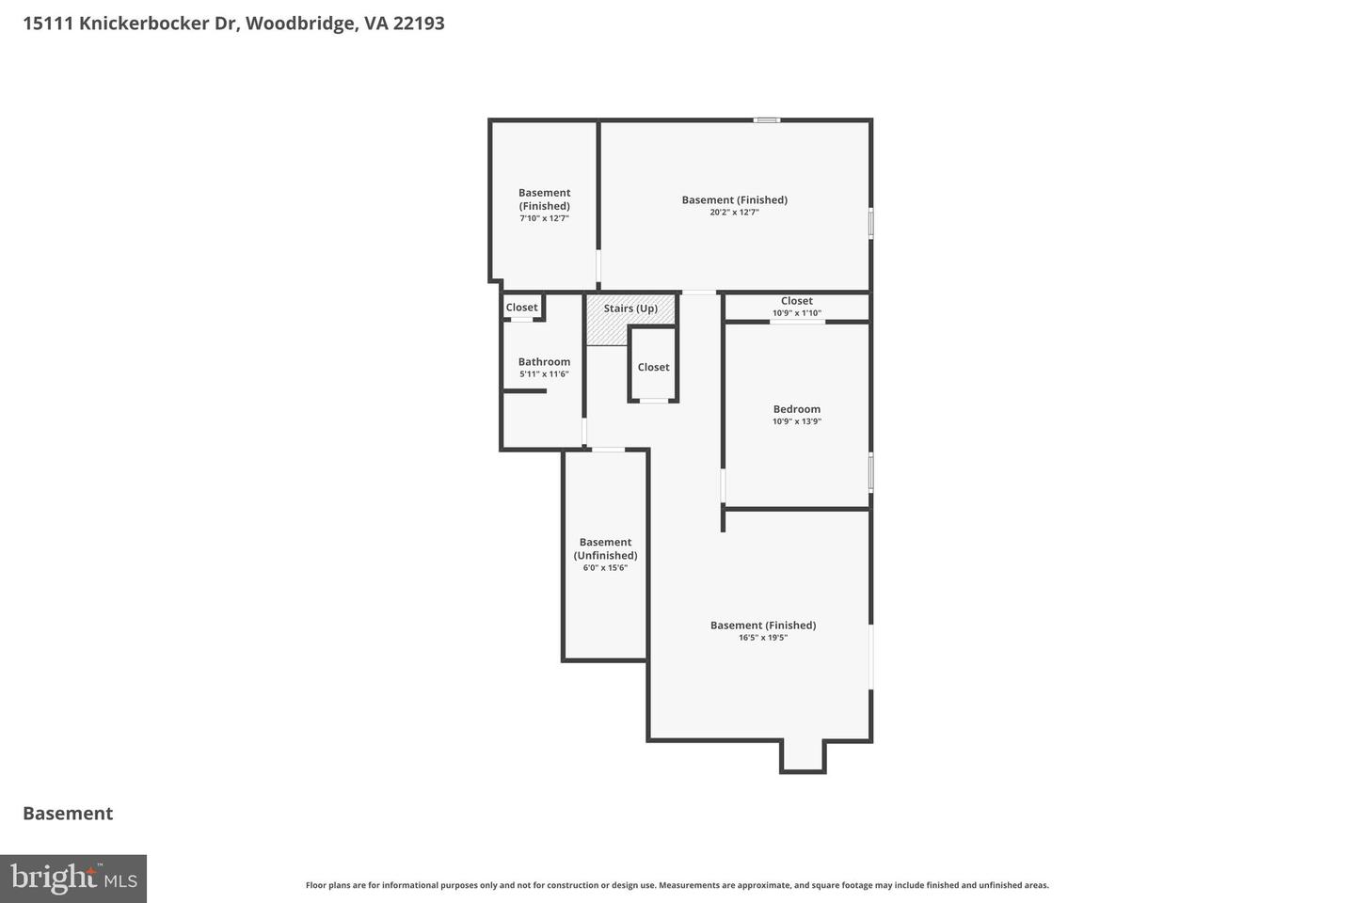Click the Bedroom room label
[796, 409]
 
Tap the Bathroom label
[544, 362]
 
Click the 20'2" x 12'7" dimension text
[734, 213]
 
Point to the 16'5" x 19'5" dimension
[762, 638]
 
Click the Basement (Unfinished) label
[605, 548]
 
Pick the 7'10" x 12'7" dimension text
[544, 218]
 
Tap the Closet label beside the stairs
[653, 367]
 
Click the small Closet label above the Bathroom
[521, 308]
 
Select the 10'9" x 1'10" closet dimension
[796, 313]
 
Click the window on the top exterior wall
[766, 119]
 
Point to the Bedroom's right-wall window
[870, 471]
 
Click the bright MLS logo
[73, 879]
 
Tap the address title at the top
[233, 24]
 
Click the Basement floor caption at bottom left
[68, 814]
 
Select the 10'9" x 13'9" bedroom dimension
[796, 421]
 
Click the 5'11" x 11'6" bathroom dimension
[544, 374]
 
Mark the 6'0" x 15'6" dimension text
[605, 568]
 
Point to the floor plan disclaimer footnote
[677, 885]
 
